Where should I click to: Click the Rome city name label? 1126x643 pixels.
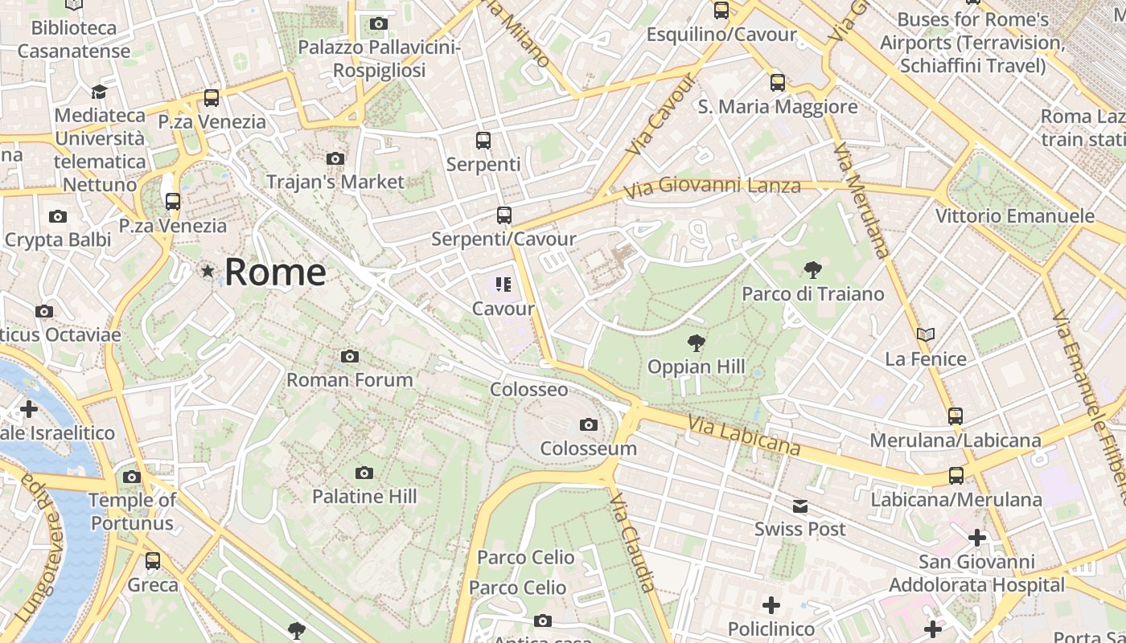[275, 272]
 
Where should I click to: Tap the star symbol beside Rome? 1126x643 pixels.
[208, 272]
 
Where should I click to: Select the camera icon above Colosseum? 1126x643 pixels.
[589, 424]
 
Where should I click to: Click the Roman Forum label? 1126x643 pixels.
[350, 379]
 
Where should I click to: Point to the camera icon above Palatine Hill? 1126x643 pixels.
[364, 473]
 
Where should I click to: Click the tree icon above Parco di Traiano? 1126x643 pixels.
[812, 269]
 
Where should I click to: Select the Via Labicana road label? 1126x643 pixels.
[744, 435]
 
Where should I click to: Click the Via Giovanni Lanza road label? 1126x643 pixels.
[713, 186]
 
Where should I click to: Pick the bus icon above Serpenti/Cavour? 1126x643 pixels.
[504, 215]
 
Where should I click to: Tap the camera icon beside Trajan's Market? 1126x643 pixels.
[335, 158]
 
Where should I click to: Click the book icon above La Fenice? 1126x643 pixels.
[926, 334]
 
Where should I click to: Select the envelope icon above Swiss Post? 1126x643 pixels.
[800, 506]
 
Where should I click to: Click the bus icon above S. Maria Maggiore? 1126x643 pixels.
[778, 82]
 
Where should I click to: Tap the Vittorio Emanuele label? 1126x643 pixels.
[1014, 215]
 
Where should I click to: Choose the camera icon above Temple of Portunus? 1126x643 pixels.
[132, 477]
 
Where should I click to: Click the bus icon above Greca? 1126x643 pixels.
[153, 560]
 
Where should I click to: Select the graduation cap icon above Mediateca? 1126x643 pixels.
[99, 92]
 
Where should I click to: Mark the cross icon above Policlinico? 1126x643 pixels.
[771, 604]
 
